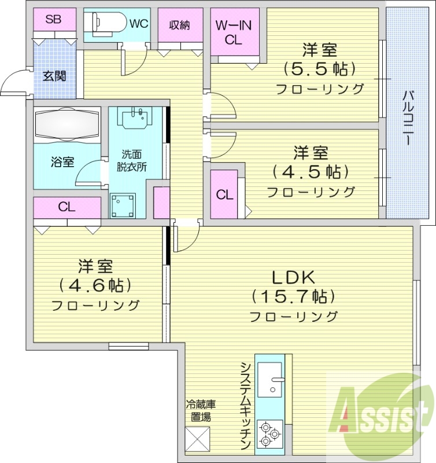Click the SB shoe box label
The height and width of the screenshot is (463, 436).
coord(53,19)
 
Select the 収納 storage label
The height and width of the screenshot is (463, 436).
coord(180,25)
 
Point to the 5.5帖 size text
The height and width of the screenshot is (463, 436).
coord(319,69)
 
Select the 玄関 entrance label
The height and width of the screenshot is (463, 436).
coord(54,75)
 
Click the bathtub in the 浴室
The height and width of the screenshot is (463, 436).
coord(67,124)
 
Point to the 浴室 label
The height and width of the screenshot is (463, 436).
coord(61,162)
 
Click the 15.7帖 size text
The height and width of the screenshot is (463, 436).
coord(293,296)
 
